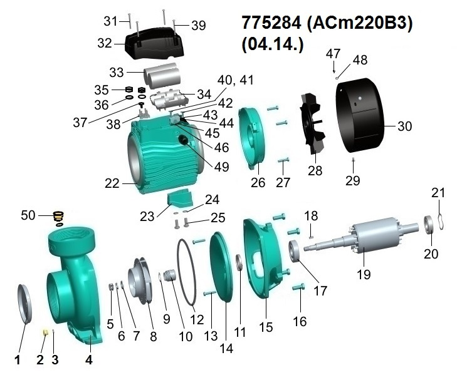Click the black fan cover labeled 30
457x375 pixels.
coord(360,115)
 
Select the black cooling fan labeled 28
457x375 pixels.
coord(313,123)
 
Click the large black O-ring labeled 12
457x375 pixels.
coord(186,272)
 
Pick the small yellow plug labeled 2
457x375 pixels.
coord(46,332)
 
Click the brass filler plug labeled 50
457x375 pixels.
coord(59,218)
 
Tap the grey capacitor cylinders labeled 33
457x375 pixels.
coord(162,75)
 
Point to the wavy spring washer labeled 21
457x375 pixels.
coord(441,221)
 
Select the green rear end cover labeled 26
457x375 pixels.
coord(252,138)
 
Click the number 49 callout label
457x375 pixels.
coord(221,167)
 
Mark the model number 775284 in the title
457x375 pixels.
coord(271,23)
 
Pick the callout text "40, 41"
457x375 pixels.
coord(236,80)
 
